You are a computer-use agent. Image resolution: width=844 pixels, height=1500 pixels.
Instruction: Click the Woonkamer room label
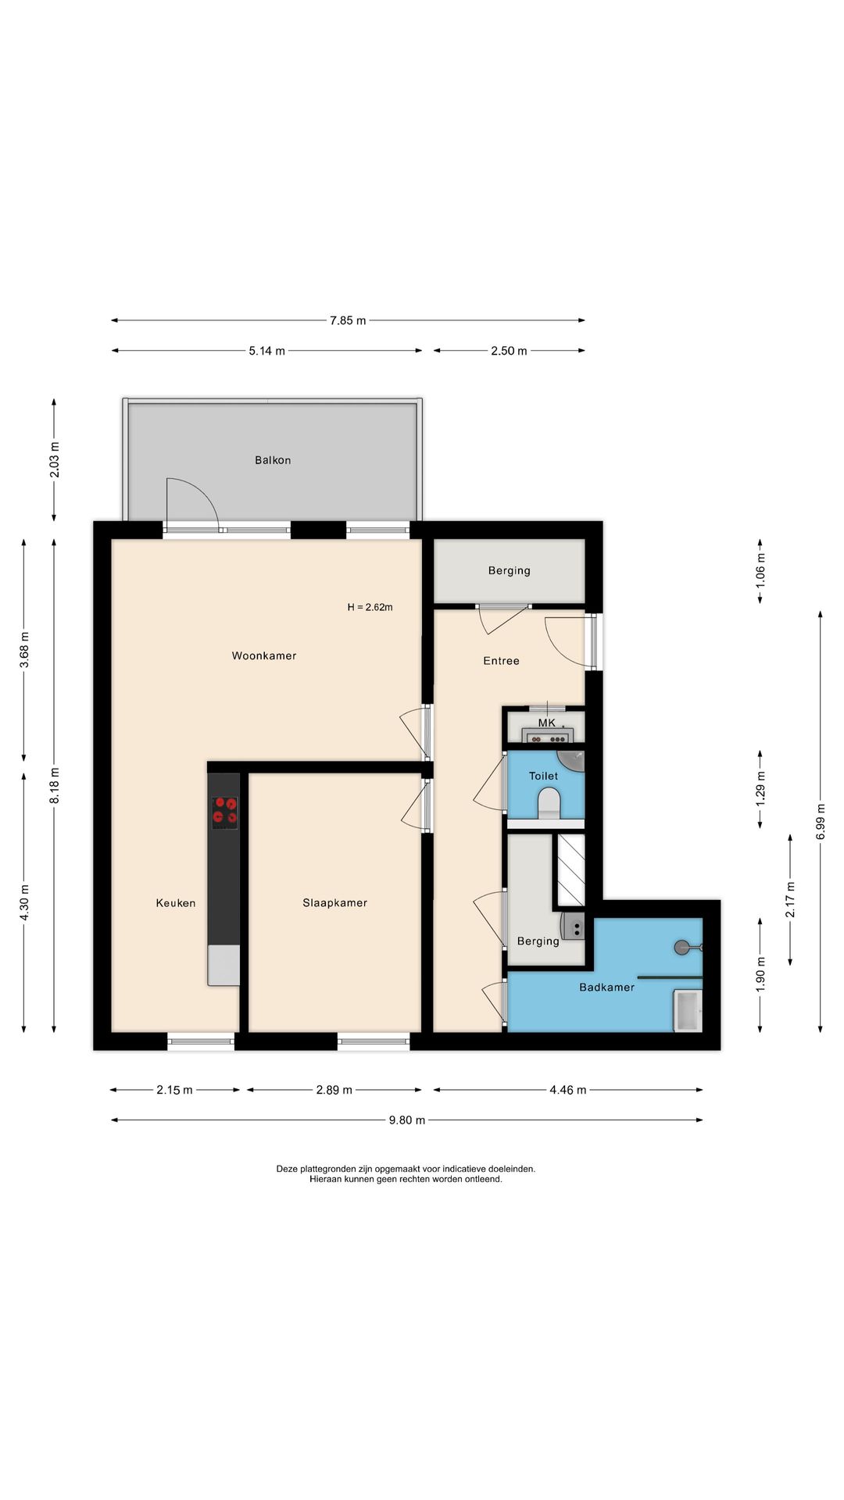tap(264, 655)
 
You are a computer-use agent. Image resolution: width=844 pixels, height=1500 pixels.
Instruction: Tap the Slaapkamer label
tap(334, 902)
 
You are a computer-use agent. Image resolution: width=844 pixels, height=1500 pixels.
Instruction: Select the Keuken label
tap(176, 902)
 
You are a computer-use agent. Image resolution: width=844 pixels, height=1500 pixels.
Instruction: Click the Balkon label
tap(273, 460)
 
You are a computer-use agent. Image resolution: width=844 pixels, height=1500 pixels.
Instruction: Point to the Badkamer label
tap(606, 987)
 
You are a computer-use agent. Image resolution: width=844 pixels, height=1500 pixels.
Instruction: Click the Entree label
tap(501, 660)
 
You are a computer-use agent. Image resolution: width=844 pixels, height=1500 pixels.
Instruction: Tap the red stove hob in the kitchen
tap(225, 812)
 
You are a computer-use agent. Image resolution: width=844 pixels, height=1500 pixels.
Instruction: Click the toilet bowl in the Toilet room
tap(549, 802)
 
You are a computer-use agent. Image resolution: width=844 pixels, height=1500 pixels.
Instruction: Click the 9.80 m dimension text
tap(407, 1120)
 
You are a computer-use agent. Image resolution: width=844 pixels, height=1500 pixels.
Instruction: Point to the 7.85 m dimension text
tap(348, 320)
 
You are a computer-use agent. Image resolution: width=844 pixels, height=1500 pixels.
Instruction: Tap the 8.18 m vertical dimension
tap(54, 785)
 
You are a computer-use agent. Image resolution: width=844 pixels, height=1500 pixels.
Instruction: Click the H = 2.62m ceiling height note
tap(370, 607)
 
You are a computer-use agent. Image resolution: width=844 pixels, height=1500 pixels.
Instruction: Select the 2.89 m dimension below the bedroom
tap(334, 1090)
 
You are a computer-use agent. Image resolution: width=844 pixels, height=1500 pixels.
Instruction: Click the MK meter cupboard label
tap(546, 723)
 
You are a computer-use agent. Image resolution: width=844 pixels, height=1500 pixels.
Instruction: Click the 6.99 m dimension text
tap(821, 821)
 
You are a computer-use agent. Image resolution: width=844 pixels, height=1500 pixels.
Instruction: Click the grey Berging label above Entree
tap(509, 570)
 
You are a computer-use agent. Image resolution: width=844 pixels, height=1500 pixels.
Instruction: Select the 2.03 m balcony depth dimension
tap(54, 460)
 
